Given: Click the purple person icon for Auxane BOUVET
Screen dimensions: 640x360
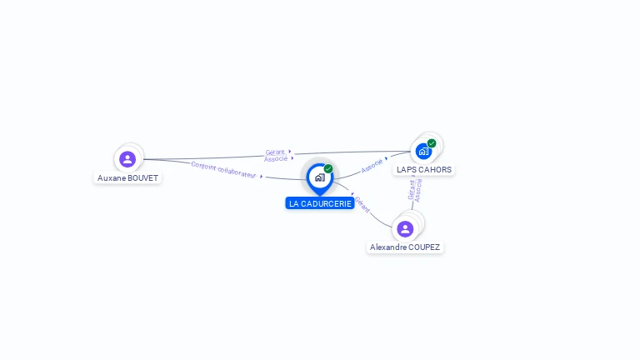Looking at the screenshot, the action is tap(127, 158).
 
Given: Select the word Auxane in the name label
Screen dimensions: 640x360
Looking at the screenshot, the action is tap(112, 178).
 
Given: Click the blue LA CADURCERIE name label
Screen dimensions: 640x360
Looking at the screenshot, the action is tap(320, 203).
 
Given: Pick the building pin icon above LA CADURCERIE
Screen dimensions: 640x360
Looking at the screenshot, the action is tap(319, 177).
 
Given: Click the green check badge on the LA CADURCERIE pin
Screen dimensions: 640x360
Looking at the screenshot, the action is tap(328, 169).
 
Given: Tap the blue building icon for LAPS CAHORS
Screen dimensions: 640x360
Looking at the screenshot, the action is tap(423, 152).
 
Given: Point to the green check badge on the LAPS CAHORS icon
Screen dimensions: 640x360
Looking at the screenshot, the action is tap(432, 143).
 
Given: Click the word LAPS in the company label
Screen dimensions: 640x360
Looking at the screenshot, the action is tap(407, 170).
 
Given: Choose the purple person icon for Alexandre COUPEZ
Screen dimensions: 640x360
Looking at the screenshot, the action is tap(405, 228).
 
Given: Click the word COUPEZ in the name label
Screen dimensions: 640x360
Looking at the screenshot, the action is tap(424, 247).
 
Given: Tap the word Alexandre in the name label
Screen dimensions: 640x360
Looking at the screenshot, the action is tap(388, 247).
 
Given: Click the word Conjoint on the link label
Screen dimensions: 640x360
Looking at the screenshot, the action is tap(203, 166).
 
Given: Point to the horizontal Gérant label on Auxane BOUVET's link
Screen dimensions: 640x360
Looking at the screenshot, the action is tap(275, 152).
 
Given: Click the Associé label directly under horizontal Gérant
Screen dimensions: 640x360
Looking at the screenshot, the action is tap(276, 158).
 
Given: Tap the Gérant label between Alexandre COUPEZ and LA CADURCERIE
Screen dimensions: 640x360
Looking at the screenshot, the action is tap(362, 205).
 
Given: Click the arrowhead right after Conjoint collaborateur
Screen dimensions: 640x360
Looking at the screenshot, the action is tap(262, 176).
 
